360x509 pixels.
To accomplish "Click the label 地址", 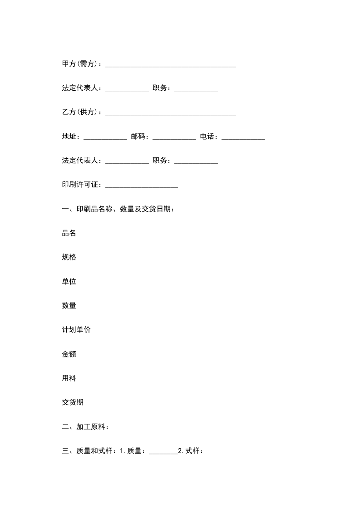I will tap(71, 137).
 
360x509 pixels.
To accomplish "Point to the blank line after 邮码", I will tap(174, 138).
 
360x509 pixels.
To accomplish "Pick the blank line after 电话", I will tap(243, 138).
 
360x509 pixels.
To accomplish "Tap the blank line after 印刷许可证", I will tap(142, 186).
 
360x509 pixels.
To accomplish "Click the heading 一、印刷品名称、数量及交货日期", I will tap(118, 209).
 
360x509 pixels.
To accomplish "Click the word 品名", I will tap(69, 233).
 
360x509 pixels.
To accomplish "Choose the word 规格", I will tap(69, 257).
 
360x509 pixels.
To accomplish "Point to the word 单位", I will tap(69, 281).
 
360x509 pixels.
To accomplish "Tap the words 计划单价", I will tap(76, 330).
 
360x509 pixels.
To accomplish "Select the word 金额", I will tap(69, 354).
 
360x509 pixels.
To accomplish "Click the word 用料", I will tap(69, 378).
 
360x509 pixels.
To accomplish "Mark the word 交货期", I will tap(73, 402).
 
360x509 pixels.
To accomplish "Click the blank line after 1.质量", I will tap(163, 452).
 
